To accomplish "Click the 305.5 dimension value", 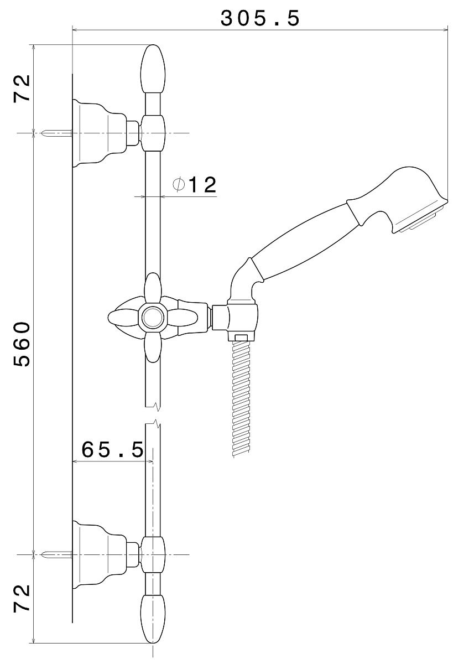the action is [x=260, y=18].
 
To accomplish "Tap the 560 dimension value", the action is [x=22, y=344].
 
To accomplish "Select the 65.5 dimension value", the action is [x=113, y=449].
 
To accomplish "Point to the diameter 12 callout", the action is [x=195, y=185].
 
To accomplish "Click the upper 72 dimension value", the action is [x=22, y=88].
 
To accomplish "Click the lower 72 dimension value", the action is [x=22, y=598].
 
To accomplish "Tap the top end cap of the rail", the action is [x=153, y=69].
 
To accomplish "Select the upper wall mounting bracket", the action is [x=101, y=133].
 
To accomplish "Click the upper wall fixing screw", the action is [x=57, y=133].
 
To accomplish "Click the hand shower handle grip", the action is [x=302, y=242].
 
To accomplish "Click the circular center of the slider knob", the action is [x=152, y=318].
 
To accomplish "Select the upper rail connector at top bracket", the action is [x=153, y=133].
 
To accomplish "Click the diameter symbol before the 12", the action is [x=179, y=185].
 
